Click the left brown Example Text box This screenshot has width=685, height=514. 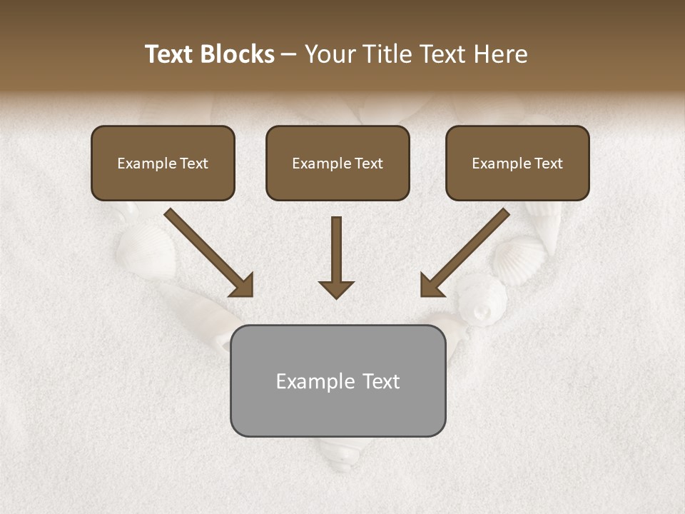coord(163,163)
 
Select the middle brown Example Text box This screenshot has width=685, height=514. coord(338,163)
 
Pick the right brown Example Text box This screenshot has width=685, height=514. coord(517,163)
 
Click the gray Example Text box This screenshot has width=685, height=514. coord(338,381)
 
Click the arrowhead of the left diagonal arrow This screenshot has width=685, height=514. coord(243,286)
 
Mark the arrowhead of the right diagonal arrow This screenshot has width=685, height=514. coord(431,286)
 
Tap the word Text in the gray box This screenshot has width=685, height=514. coord(380,381)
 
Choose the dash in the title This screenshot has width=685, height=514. coord(289,54)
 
